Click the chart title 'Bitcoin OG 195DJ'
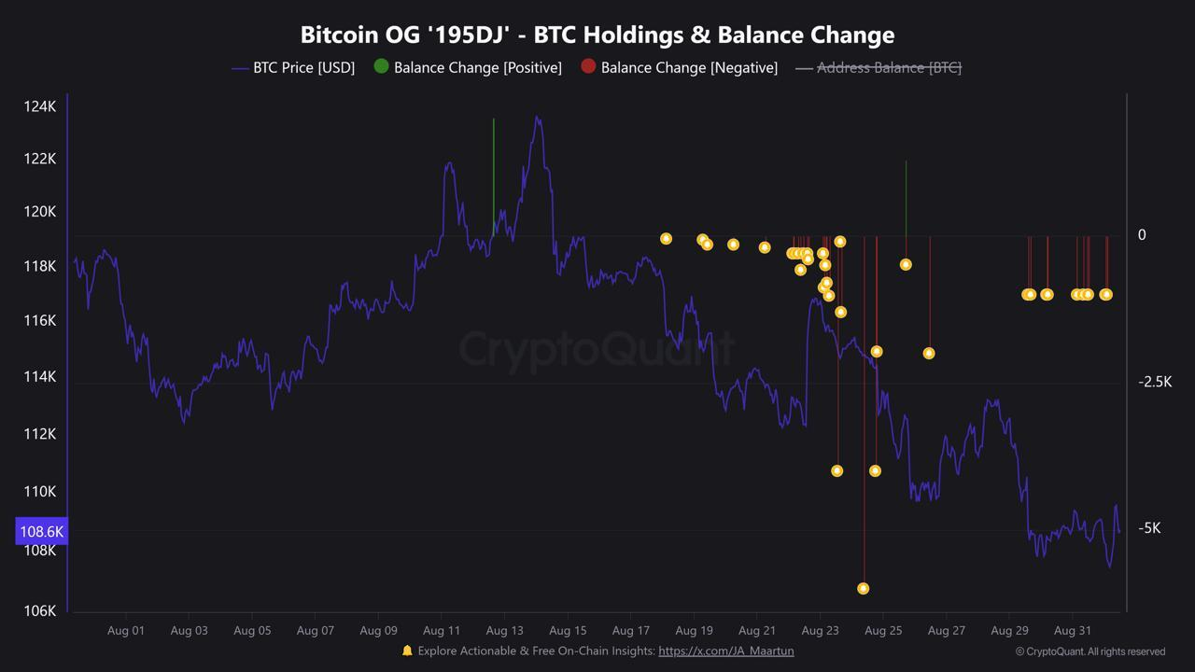click(597, 35)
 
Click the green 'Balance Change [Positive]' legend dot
click(381, 66)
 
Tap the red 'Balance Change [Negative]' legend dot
click(588, 66)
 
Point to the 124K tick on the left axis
click(39, 106)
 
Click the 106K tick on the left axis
click(39, 610)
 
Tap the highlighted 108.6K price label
click(41, 531)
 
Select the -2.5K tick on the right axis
click(1154, 381)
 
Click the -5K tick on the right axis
click(1148, 527)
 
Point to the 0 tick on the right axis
click(1141, 234)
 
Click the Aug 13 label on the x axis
click(503, 630)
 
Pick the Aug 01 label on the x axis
click(125, 630)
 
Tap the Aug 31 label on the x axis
click(1072, 630)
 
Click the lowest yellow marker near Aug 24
click(863, 588)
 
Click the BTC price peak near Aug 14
click(536, 118)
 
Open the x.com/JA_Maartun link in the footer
click(725, 651)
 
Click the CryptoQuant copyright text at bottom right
click(1090, 651)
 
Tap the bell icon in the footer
click(407, 651)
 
